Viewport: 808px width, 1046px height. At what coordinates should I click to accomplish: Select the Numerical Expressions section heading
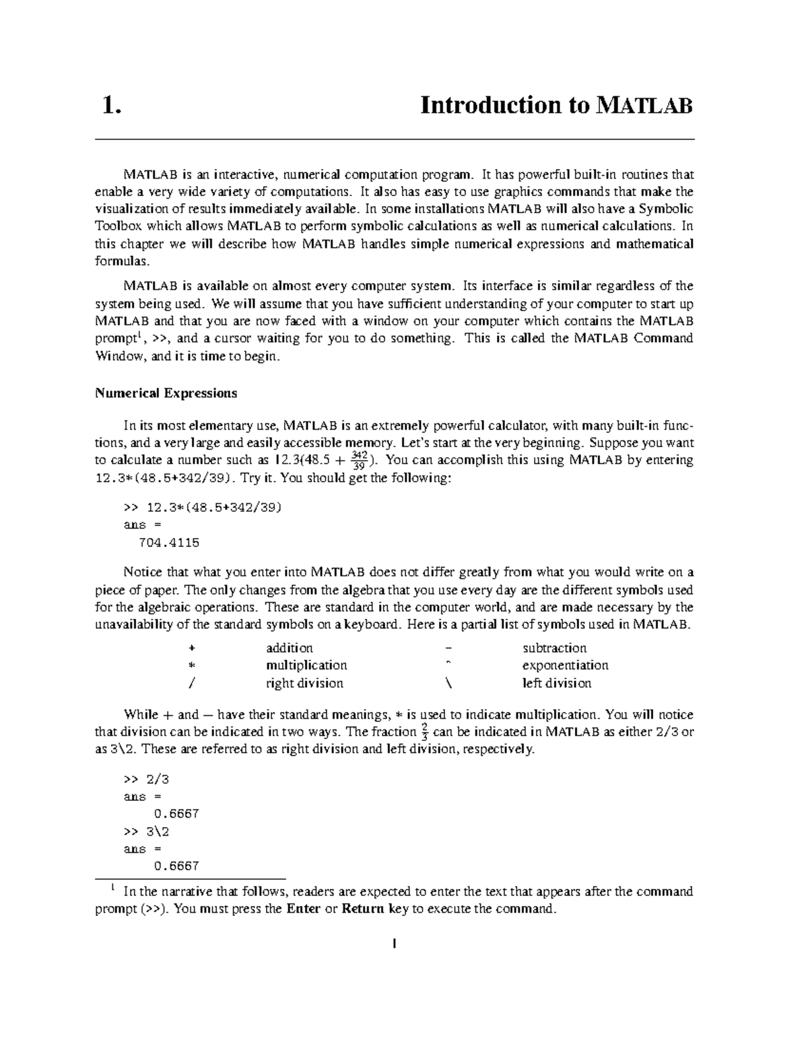(166, 393)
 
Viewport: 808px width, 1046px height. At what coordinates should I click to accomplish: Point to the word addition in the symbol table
(290, 648)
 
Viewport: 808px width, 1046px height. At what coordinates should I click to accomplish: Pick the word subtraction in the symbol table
(554, 648)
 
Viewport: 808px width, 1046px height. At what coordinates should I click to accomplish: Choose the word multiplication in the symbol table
(306, 665)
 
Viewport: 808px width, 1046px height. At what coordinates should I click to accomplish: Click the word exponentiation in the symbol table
(565, 665)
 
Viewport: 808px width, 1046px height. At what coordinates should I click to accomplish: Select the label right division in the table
(304, 683)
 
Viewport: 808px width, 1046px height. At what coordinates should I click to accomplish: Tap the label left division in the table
(557, 683)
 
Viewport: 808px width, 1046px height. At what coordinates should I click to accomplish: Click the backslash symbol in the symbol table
(449, 683)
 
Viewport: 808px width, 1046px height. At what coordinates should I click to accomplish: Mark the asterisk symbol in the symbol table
(192, 665)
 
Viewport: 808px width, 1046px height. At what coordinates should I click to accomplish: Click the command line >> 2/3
(146, 779)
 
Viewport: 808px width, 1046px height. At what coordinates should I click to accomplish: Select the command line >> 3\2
(146, 832)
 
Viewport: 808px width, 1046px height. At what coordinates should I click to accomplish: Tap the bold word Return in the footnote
(364, 909)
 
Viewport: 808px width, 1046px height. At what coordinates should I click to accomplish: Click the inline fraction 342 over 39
(360, 460)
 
